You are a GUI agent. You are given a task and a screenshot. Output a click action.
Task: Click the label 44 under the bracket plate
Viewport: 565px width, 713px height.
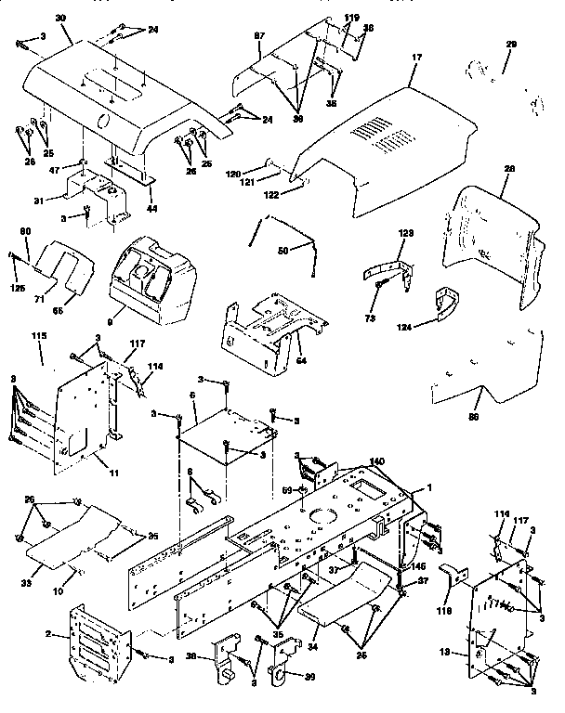point(151,208)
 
